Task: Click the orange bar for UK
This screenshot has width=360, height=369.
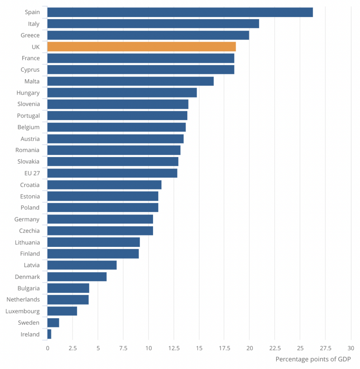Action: (141, 46)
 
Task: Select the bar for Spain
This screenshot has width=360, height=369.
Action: (180, 12)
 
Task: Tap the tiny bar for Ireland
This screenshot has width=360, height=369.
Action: (49, 334)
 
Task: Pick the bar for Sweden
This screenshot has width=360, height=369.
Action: (53, 323)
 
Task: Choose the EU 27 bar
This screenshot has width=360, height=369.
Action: (112, 173)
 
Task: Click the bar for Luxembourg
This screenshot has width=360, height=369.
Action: (62, 311)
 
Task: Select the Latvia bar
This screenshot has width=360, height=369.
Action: (82, 265)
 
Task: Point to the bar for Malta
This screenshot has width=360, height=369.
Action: (130, 81)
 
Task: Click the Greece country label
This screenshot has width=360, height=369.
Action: (30, 35)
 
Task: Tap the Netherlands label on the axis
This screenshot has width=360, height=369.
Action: (23, 299)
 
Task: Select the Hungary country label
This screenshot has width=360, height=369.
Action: (28, 93)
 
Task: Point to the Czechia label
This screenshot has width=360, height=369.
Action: (30, 231)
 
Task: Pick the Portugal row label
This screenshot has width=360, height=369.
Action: (28, 116)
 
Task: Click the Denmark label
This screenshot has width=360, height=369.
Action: (27, 277)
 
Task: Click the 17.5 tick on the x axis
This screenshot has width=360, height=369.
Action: (224, 348)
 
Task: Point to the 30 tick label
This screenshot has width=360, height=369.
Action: (351, 348)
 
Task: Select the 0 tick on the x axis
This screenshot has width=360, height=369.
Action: (48, 348)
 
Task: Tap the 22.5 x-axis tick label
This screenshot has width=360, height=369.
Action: (274, 348)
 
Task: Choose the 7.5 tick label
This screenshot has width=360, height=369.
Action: (123, 348)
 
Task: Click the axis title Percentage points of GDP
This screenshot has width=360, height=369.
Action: (313, 359)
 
